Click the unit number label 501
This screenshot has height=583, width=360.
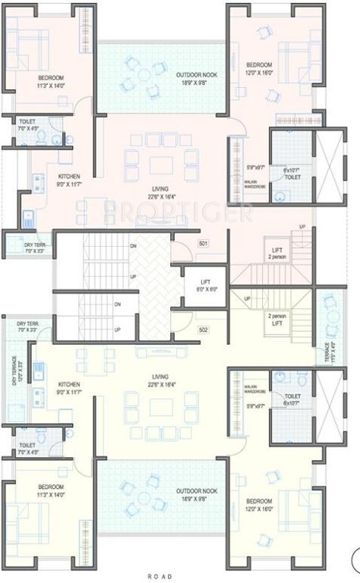203,244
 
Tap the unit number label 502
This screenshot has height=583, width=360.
203,329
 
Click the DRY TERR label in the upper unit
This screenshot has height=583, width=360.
33,247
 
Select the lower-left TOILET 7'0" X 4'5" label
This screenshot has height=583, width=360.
27,448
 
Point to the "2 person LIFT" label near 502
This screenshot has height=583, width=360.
276,319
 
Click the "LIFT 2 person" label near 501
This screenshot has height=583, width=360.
276,252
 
